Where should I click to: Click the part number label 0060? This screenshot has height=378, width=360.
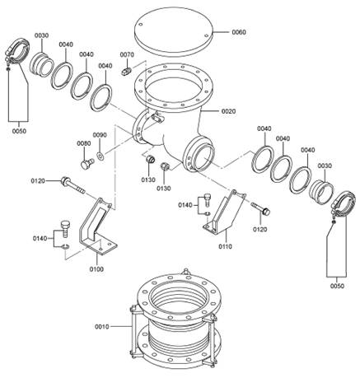pyautogui.click(x=239, y=32)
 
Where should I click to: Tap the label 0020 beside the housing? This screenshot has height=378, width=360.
pyautogui.click(x=228, y=111)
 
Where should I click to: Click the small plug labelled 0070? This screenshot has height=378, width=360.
pyautogui.click(x=126, y=71)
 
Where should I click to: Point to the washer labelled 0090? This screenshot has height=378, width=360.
pyautogui.click(x=101, y=156)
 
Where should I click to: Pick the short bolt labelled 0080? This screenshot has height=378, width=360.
pyautogui.click(x=87, y=164)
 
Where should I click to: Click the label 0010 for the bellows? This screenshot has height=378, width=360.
pyautogui.click(x=102, y=327)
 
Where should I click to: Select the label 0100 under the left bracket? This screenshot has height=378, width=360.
pyautogui.click(x=96, y=269)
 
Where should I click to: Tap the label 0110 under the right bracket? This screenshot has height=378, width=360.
pyautogui.click(x=225, y=246)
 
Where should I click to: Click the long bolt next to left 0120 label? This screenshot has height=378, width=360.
pyautogui.click(x=73, y=185)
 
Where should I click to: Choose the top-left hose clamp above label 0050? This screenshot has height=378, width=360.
pyautogui.click(x=17, y=53)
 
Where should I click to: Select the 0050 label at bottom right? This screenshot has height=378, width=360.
pyautogui.click(x=337, y=286)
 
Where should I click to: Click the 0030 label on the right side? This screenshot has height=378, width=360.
pyautogui.click(x=325, y=166)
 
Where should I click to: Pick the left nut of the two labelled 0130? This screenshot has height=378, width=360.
pyautogui.click(x=150, y=159)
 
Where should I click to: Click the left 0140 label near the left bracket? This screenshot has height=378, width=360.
pyautogui.click(x=40, y=238)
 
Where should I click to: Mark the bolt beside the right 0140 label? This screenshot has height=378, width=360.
pyautogui.click(x=208, y=199)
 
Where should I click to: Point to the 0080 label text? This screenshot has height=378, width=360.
pyautogui.click(x=84, y=143)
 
